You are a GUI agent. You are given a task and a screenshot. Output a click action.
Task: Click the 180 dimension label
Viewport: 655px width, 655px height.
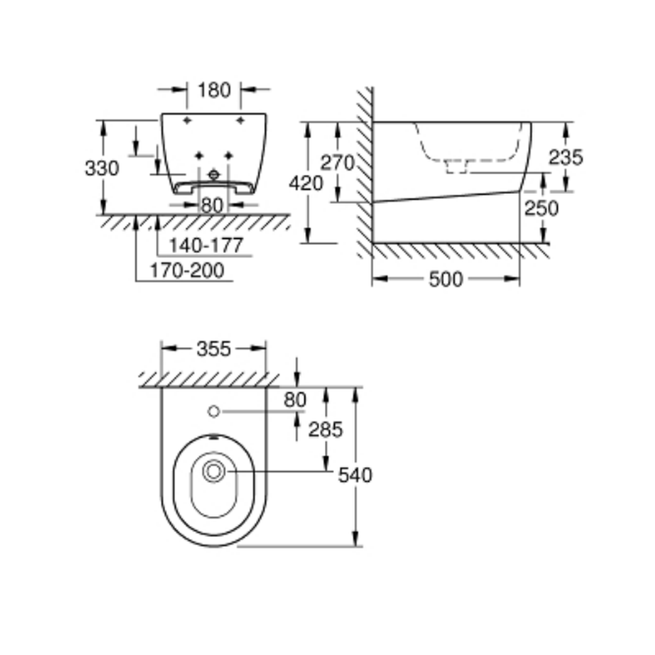pos(214,90)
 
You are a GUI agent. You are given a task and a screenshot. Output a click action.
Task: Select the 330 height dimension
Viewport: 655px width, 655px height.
pos(102,168)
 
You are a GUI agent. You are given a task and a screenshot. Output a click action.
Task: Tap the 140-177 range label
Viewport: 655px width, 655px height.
pos(206,245)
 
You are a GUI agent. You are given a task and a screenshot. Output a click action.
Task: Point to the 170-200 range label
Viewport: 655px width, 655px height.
pos(187,271)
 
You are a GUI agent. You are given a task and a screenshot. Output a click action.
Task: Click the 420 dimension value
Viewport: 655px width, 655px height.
pos(306,183)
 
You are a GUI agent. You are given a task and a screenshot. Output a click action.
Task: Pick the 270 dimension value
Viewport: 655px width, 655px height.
pos(337,162)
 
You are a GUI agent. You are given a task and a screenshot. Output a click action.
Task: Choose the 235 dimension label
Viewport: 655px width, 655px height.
pos(566,157)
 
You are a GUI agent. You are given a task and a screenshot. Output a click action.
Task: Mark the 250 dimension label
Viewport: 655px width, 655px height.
pos(542,208)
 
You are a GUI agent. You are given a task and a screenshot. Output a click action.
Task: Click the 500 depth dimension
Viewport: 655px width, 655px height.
pos(446,279)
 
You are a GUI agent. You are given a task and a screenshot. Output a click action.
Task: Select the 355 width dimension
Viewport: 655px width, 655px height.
pos(214,349)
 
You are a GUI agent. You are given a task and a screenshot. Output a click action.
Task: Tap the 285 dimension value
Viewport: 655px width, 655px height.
pos(326,430)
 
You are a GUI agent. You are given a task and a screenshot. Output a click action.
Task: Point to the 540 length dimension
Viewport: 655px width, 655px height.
pos(355,476)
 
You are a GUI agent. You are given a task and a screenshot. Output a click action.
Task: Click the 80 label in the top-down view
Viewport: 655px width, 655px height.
pos(295,400)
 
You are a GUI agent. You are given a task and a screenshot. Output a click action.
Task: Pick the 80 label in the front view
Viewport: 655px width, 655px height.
pos(212,206)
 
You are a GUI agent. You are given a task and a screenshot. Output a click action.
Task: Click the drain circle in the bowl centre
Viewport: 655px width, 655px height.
pos(214,472)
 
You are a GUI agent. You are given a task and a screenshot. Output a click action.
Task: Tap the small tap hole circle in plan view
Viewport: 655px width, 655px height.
pos(214,411)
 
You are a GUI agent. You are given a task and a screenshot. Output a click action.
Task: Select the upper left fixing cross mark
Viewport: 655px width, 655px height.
pos(187,121)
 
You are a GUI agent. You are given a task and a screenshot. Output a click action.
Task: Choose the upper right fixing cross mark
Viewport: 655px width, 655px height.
pos(240,121)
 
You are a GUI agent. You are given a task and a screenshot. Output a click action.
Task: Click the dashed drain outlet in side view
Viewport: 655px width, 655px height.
pos(457,166)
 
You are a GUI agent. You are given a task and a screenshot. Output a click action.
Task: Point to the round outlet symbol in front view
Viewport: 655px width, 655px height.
pos(214,175)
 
